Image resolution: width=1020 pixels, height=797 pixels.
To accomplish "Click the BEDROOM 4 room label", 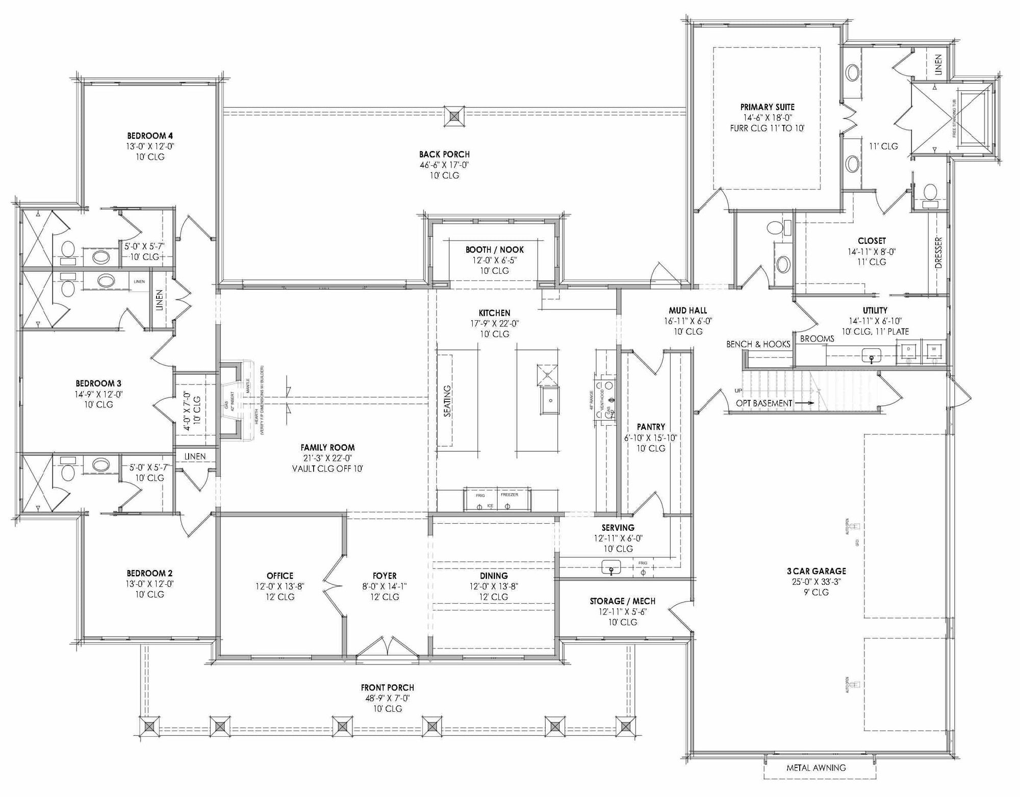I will tap(149, 136).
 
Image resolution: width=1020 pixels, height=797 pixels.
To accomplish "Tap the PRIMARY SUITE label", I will tap(767, 107).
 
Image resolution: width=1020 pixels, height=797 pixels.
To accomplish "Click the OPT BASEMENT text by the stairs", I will tap(763, 403).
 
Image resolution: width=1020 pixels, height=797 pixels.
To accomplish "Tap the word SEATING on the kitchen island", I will tap(447, 401).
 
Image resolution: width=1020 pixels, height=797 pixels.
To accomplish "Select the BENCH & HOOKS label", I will tap(758, 344).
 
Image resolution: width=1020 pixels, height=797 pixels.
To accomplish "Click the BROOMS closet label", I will tap(817, 339).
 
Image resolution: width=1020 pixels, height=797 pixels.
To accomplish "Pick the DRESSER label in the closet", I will tap(938, 252).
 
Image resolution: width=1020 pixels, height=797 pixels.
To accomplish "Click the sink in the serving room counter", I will tap(611, 567).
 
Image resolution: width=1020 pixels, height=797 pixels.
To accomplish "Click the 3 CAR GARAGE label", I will tap(816, 571).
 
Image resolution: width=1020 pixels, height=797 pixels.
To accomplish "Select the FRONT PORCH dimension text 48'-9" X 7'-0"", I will tap(387, 698).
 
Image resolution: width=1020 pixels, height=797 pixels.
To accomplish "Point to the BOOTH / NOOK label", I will tap(494, 250).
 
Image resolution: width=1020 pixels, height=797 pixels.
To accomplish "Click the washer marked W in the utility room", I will tap(934, 349).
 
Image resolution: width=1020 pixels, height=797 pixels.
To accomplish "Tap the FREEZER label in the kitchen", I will tap(509, 495).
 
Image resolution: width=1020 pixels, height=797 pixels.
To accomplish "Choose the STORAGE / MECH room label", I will tap(622, 601).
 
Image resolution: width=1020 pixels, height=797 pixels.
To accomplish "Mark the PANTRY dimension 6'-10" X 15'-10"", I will tap(650, 438).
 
